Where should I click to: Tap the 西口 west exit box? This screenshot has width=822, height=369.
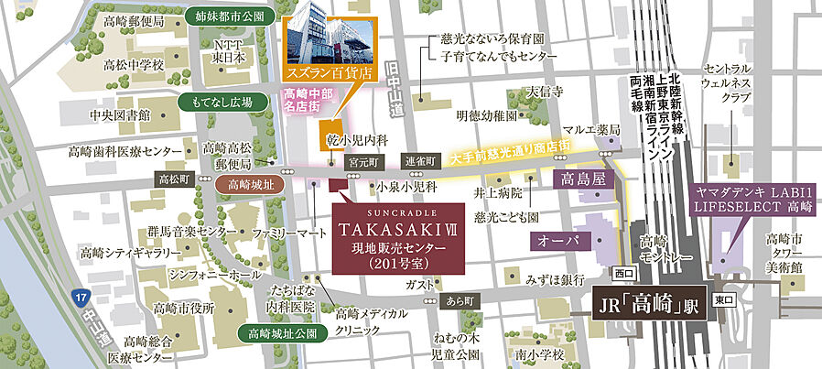[x=623, y=273]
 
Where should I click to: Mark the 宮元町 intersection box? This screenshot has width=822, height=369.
[x=362, y=160]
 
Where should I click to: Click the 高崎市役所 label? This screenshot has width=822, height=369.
[x=184, y=308]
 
